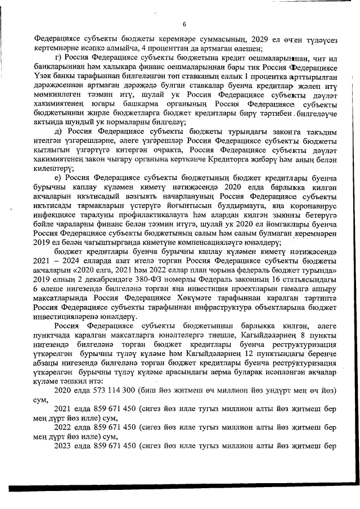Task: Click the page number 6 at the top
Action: [184, 23]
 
